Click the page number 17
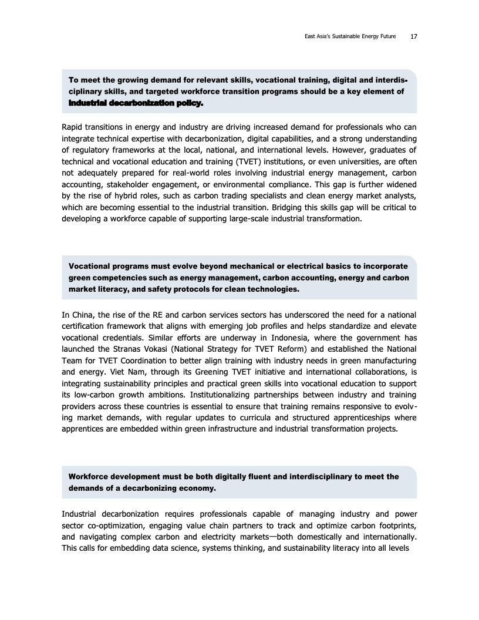414,36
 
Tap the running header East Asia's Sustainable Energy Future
346,36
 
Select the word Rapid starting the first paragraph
74,126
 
